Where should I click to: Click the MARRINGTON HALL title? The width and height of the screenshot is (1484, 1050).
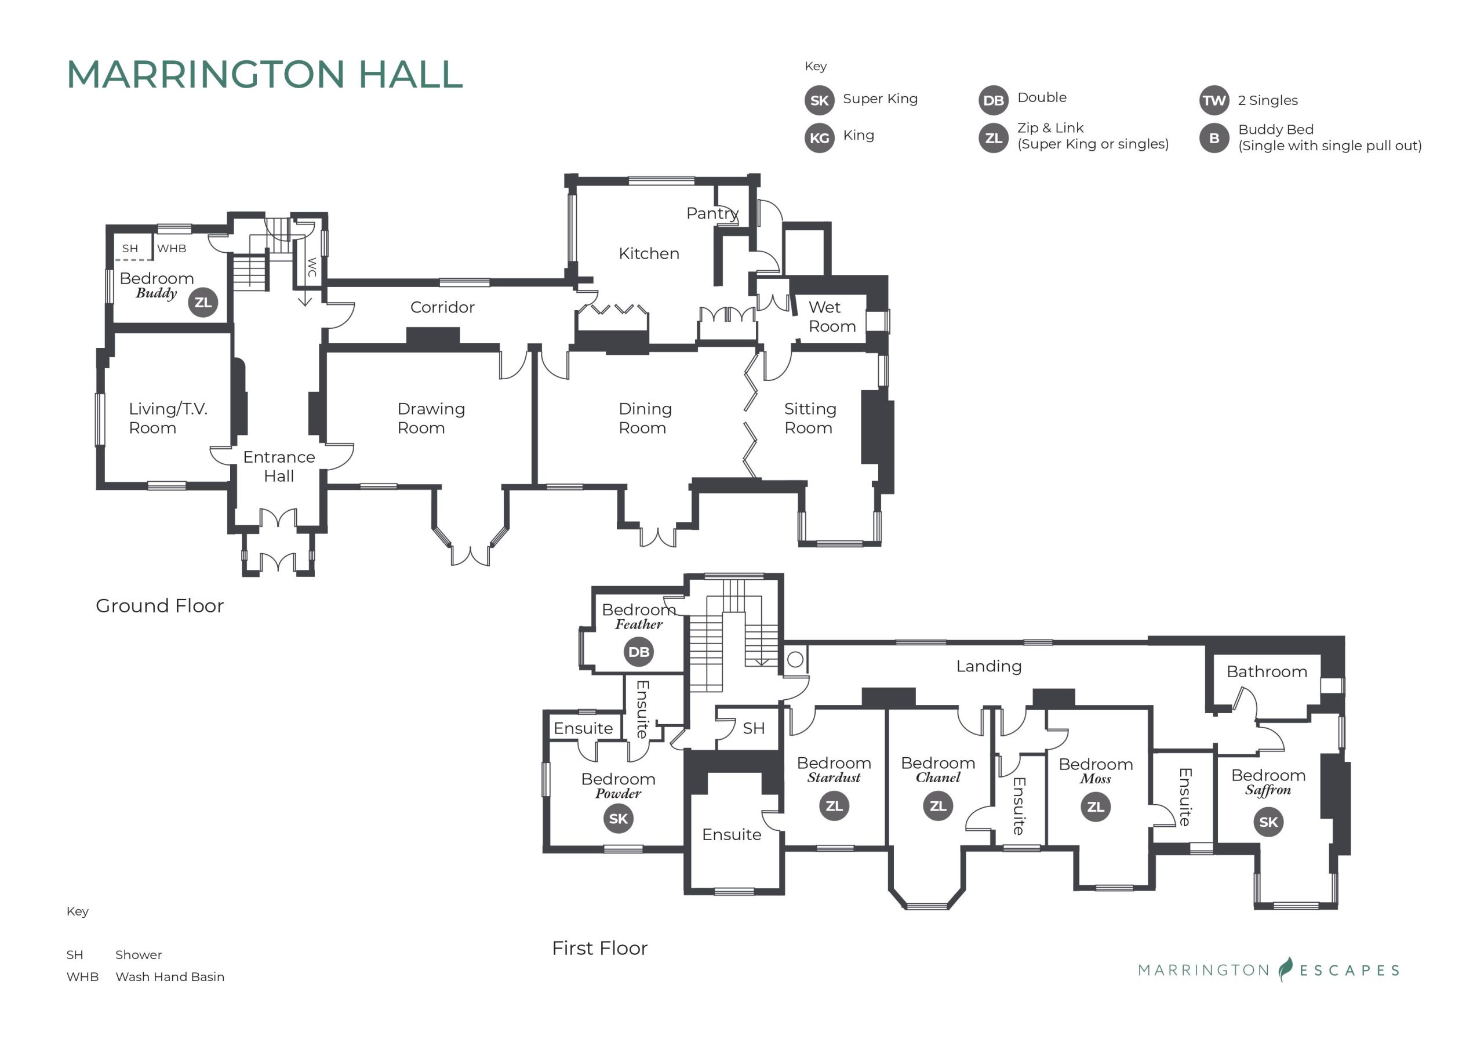265,74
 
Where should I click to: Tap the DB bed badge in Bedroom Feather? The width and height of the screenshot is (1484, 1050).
639,652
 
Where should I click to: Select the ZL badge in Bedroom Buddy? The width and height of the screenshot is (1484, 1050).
203,302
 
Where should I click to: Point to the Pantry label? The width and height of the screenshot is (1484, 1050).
712,213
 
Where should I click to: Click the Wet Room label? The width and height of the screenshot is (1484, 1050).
831,316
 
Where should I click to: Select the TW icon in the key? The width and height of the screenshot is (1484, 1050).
1214,100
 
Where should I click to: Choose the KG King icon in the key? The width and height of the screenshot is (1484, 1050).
819,138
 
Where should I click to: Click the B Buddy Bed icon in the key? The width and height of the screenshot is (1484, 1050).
1214,138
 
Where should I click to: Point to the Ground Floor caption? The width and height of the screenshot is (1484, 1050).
159,605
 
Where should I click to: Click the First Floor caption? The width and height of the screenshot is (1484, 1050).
599,948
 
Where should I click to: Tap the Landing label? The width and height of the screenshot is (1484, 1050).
988,666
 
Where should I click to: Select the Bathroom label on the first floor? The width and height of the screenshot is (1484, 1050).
1266,672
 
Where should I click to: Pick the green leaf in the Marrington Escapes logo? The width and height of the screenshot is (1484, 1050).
1286,969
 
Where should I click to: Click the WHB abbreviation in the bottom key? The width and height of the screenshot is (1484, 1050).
82,976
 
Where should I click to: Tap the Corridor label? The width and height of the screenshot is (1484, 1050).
442,307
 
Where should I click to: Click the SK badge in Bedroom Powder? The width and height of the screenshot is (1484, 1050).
618,819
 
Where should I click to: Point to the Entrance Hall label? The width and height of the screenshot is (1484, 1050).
279,466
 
